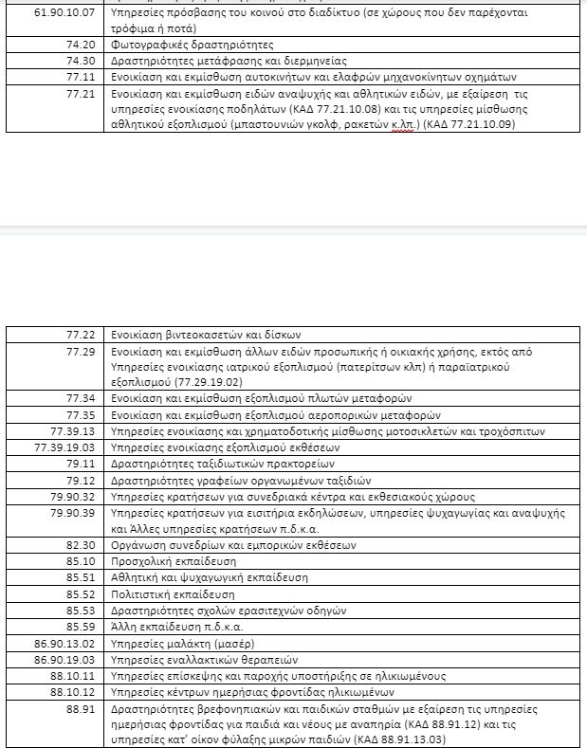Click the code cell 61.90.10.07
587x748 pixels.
[65, 15]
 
